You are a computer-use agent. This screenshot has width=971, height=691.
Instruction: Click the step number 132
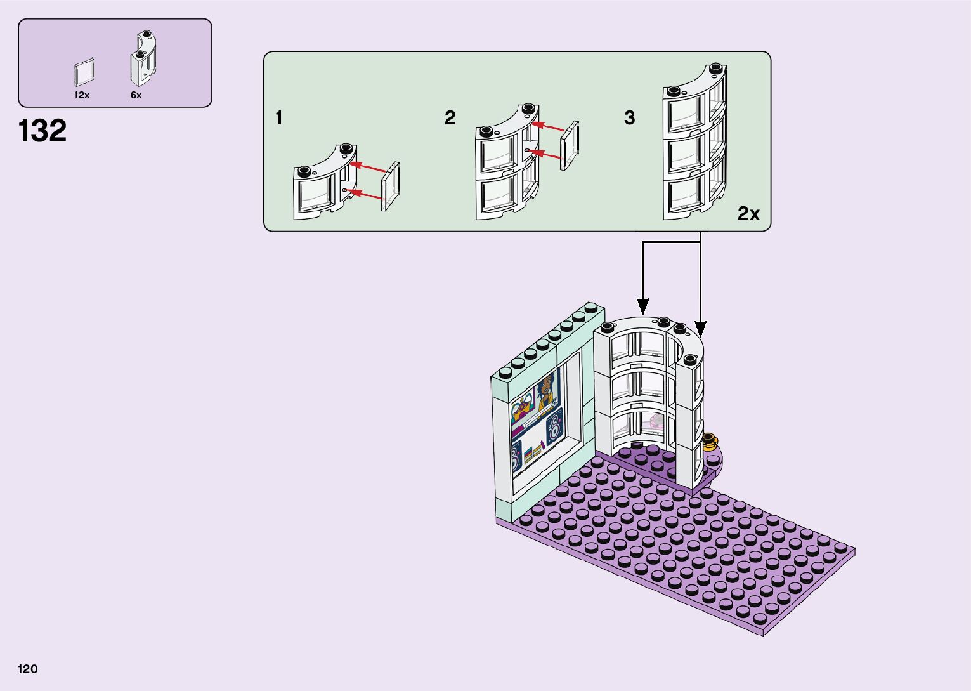(x=42, y=131)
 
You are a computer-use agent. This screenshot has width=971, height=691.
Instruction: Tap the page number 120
(x=28, y=669)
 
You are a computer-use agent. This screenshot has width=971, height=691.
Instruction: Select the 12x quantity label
(x=82, y=95)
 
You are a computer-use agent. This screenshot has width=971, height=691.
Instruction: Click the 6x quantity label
(x=136, y=95)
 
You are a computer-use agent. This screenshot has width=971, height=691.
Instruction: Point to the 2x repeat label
(x=748, y=214)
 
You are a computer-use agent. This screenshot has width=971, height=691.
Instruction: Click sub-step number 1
(x=279, y=118)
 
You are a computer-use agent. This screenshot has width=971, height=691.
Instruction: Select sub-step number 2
(x=450, y=118)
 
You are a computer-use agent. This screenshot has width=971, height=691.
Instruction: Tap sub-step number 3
(x=629, y=118)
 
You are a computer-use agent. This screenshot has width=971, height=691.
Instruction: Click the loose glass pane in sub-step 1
(x=391, y=186)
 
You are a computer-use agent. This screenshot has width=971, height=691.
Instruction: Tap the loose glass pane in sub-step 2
(x=570, y=145)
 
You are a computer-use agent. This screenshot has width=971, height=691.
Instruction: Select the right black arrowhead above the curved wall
(x=701, y=329)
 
